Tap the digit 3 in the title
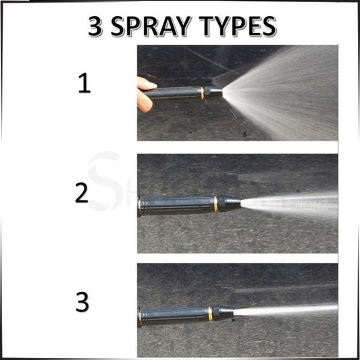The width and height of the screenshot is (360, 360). click(x=95, y=26)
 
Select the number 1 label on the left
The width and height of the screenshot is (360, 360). click(x=82, y=84)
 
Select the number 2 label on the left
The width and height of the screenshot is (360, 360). click(x=82, y=193)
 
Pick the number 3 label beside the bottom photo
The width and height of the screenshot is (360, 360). click(x=82, y=302)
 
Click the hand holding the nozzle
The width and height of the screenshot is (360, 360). click(x=145, y=93)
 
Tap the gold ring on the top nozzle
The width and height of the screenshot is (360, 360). click(x=202, y=93)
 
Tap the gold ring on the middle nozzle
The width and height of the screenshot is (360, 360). click(x=215, y=203)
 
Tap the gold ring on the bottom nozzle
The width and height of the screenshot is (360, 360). click(x=210, y=313)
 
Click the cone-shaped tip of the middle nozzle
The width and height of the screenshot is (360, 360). click(x=232, y=203)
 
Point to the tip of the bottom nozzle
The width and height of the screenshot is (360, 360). click(x=226, y=313)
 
